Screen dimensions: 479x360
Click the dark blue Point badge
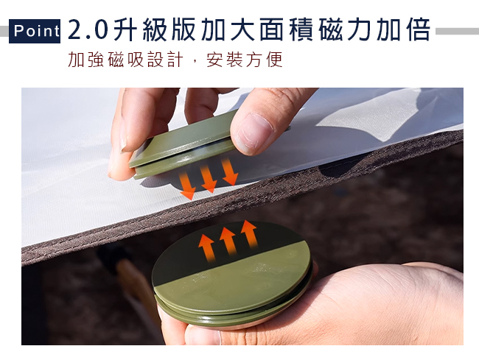click(35, 31)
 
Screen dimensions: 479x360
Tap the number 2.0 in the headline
click(88, 30)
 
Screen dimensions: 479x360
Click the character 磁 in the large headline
click(330, 30)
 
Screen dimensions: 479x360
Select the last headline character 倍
click(418, 30)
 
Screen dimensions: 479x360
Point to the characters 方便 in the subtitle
click(264, 60)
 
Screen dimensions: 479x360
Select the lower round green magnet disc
click(233, 274)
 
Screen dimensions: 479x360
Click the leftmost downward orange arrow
click(187, 186)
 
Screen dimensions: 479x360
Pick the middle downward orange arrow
click(208, 178)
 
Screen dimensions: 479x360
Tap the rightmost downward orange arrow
click(229, 172)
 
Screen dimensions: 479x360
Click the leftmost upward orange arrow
click(207, 248)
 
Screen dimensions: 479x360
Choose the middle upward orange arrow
click(228, 241)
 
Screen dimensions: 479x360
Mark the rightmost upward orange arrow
click(249, 234)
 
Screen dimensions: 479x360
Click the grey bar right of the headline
click(457, 31)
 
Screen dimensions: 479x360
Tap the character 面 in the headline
click(272, 30)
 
